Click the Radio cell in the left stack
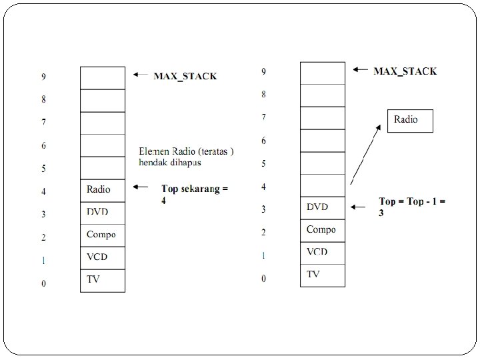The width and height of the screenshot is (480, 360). pyautogui.click(x=103, y=190)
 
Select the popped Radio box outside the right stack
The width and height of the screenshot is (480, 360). pyautogui.click(x=410, y=121)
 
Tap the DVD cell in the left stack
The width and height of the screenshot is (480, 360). pyautogui.click(x=103, y=213)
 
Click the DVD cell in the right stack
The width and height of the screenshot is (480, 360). pyautogui.click(x=323, y=207)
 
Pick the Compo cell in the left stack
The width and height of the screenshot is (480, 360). pyautogui.click(x=103, y=235)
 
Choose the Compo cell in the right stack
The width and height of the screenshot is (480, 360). pyautogui.click(x=323, y=230)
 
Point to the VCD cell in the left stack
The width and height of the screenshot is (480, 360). pyautogui.click(x=103, y=257)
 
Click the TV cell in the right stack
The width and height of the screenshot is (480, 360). pyautogui.click(x=323, y=275)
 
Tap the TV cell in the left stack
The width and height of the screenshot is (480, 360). pyautogui.click(x=103, y=280)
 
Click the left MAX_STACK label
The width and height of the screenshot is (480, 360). pyautogui.click(x=185, y=76)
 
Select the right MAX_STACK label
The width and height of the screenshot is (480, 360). pyautogui.click(x=405, y=71)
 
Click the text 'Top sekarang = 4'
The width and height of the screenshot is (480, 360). pyautogui.click(x=194, y=193)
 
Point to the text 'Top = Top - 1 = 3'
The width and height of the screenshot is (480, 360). pyautogui.click(x=411, y=206)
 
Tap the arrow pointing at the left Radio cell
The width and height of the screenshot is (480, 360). pyautogui.click(x=141, y=188)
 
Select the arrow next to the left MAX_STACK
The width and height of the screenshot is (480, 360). pyautogui.click(x=141, y=75)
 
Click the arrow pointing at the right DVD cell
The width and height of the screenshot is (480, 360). pyautogui.click(x=359, y=207)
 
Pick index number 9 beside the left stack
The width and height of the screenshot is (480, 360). pyautogui.click(x=44, y=77)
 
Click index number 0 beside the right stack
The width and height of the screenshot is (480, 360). pyautogui.click(x=263, y=279)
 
